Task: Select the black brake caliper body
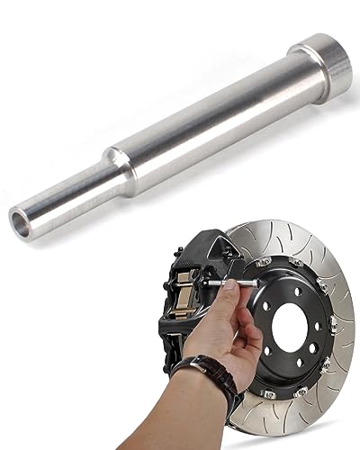tap(194, 270)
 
